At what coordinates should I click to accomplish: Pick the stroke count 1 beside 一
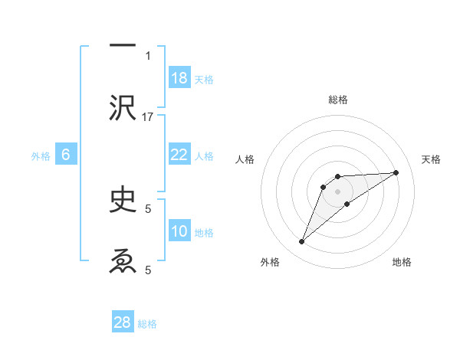(x=148, y=55)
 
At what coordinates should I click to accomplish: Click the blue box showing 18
(x=179, y=78)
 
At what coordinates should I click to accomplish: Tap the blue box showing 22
(x=179, y=155)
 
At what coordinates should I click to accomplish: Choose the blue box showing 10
(x=179, y=231)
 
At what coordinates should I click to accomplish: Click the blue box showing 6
(x=66, y=155)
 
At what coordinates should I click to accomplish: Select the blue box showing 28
(x=123, y=322)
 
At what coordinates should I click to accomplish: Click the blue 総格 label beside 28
(x=147, y=324)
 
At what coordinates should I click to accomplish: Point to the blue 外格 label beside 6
(x=41, y=156)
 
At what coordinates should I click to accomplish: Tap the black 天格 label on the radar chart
(x=431, y=159)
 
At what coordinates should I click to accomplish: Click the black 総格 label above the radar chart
(x=337, y=100)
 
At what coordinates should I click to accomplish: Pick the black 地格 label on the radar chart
(x=402, y=262)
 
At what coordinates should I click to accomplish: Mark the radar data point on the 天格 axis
(x=396, y=172)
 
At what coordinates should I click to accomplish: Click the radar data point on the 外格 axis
(x=301, y=242)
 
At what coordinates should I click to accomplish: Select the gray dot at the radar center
(x=337, y=191)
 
